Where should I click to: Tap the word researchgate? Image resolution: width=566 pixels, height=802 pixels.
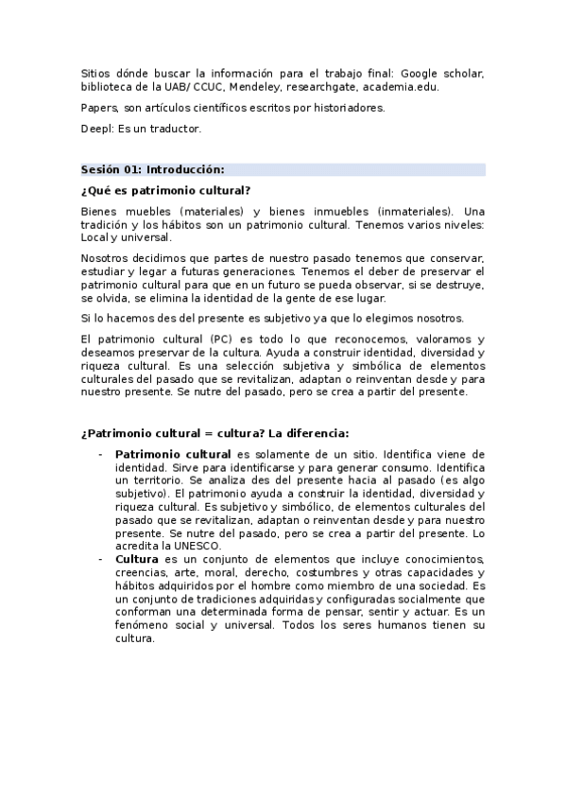coord(324,87)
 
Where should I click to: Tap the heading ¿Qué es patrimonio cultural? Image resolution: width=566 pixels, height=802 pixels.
coord(165,190)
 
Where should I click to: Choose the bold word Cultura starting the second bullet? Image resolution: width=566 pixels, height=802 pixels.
coord(136,559)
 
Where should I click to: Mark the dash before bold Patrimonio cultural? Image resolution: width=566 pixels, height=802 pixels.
coord(100,454)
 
